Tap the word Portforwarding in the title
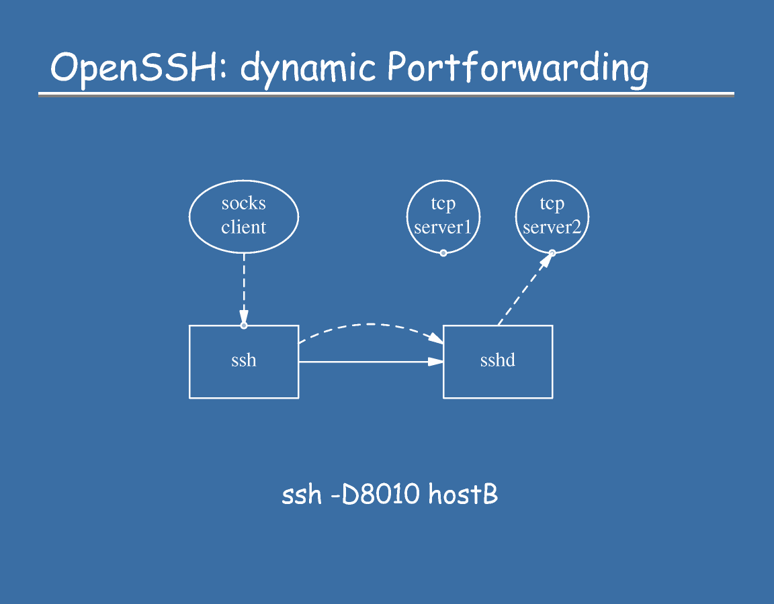point(517,68)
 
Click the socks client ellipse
point(244,215)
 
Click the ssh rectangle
point(244,362)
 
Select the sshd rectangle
point(498,362)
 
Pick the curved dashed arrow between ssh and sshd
point(370,325)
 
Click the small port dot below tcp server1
point(443,253)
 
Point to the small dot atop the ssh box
point(244,325)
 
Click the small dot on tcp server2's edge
point(552,253)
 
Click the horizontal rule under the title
point(386,95)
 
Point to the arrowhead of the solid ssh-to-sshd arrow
point(436,362)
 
